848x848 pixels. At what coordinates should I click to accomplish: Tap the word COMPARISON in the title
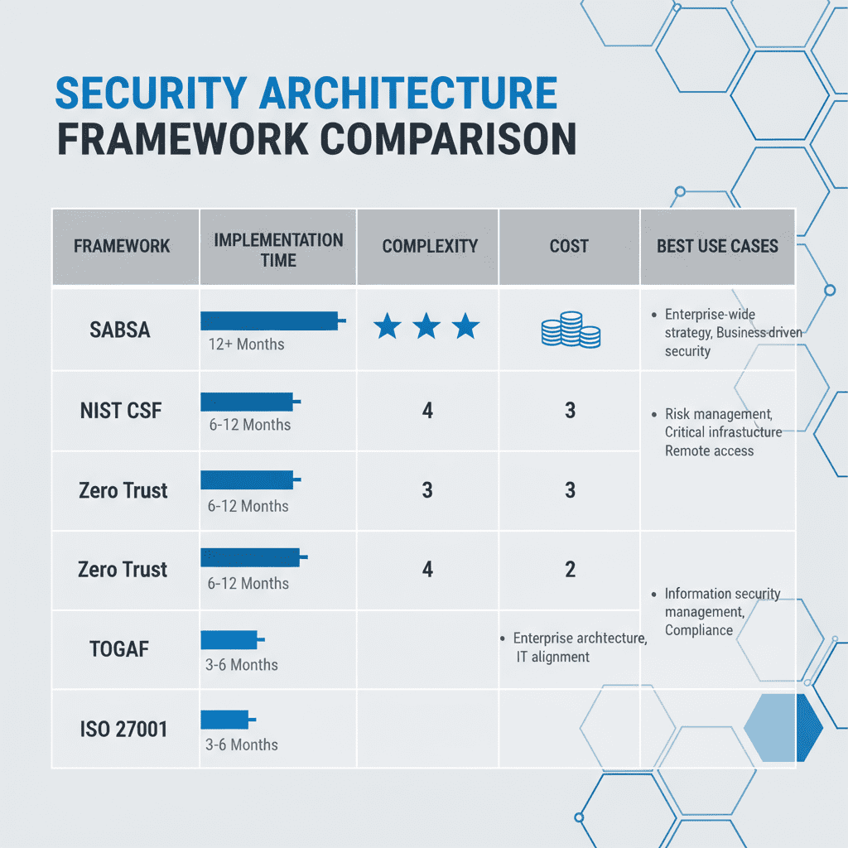click(x=448, y=138)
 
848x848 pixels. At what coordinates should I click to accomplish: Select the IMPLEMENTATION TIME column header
click(x=278, y=249)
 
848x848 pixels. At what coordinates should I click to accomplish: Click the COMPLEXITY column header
click(x=430, y=246)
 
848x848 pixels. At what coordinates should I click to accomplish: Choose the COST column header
click(x=569, y=246)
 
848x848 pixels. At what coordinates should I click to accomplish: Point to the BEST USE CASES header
click(x=717, y=246)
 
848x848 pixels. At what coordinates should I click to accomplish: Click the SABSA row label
click(x=120, y=330)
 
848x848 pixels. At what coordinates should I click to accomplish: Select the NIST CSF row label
click(x=121, y=410)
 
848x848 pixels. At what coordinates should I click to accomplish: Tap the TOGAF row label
click(x=119, y=648)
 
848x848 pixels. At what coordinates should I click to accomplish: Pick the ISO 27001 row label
click(x=123, y=730)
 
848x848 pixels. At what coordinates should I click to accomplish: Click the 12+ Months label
click(x=246, y=344)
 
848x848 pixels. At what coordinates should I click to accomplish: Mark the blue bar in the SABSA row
click(x=270, y=321)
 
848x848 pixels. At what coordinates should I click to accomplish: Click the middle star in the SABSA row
click(x=426, y=327)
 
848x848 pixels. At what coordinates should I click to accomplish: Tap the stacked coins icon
click(x=571, y=330)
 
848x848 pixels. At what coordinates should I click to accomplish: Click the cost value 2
click(x=570, y=569)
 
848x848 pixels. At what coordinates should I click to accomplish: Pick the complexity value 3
click(x=427, y=490)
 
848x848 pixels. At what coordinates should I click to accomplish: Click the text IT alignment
click(x=552, y=657)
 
